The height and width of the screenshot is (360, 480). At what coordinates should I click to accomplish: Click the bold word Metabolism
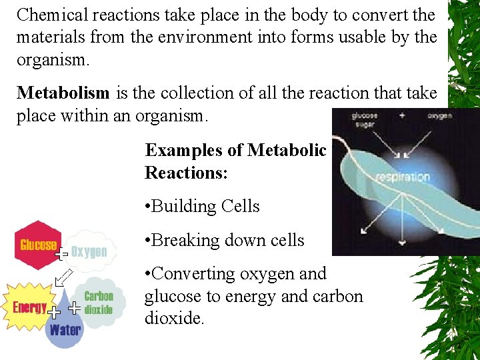(64, 93)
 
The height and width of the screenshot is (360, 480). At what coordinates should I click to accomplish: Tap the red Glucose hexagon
(39, 244)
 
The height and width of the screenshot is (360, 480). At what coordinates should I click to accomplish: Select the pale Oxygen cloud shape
(89, 251)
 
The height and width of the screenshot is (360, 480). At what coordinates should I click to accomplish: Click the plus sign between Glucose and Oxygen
(61, 254)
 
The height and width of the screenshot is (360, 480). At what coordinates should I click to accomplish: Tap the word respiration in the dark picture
(402, 177)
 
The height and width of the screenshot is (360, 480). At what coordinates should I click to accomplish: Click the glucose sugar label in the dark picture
(365, 119)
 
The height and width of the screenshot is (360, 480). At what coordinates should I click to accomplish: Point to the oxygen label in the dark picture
(440, 115)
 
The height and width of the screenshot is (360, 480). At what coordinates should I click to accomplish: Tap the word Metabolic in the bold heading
(287, 150)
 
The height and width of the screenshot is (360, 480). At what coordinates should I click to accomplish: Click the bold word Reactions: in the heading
(187, 173)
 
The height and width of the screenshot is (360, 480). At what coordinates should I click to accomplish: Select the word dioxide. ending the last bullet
(174, 318)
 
